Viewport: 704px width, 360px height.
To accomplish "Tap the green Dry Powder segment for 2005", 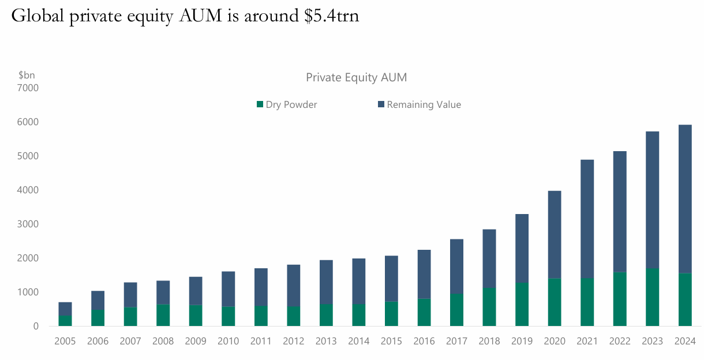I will click(x=65, y=321).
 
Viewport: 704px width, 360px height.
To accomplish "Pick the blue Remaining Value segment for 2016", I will click(x=424, y=274).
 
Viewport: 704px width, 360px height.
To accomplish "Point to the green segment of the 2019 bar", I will click(x=522, y=304).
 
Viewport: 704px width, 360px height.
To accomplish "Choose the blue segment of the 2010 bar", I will click(x=228, y=288).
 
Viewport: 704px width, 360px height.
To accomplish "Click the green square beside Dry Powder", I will click(x=260, y=104).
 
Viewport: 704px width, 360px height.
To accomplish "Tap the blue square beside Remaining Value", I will click(x=381, y=104).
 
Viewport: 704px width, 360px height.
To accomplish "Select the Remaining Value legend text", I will click(x=424, y=104).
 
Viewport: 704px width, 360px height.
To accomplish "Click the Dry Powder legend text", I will click(x=291, y=104).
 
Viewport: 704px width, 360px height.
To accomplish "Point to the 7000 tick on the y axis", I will click(x=28, y=88).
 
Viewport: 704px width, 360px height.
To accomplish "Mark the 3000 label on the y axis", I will click(x=28, y=224).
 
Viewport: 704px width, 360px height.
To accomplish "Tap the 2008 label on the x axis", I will click(x=163, y=341).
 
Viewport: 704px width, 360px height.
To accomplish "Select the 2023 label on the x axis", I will click(x=652, y=341).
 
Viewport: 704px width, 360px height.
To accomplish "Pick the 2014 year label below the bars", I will click(x=358, y=341).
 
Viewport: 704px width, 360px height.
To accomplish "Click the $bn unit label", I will click(x=27, y=75).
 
